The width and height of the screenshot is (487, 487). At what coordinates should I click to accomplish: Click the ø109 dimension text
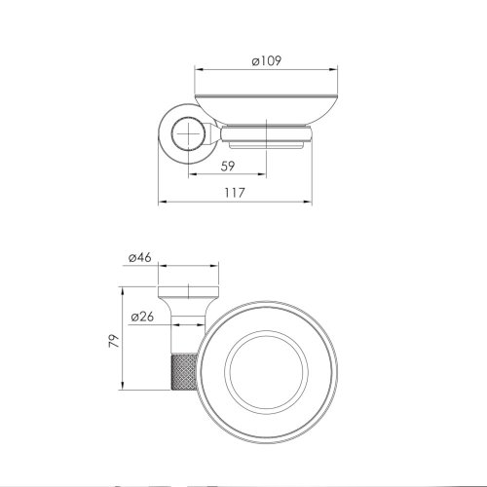point(266,60)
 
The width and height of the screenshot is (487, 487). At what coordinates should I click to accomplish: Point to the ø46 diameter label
point(138,258)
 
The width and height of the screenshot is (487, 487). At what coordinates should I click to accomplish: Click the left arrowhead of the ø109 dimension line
point(199,69)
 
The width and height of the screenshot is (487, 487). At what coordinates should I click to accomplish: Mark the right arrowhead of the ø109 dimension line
point(335,69)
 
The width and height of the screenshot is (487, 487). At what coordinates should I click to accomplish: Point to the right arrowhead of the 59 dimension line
point(266,175)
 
